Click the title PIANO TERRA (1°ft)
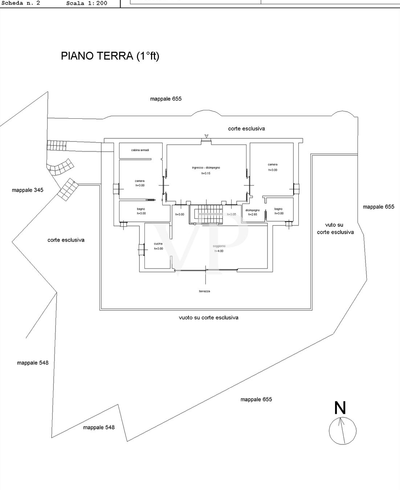(x=110, y=56)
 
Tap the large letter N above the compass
(x=340, y=408)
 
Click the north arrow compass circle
(x=342, y=431)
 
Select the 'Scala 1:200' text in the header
(x=87, y=3)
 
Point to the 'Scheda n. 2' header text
(x=21, y=3)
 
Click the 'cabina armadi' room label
(x=140, y=150)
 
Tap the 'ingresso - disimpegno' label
(x=206, y=168)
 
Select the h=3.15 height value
(x=206, y=173)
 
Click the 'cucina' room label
(x=158, y=244)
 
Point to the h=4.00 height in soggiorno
(x=219, y=251)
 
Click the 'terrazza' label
(x=204, y=291)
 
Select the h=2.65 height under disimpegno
(x=253, y=215)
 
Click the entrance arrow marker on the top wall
(x=206, y=136)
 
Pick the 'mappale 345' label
(x=28, y=190)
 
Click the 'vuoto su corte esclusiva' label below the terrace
(x=208, y=318)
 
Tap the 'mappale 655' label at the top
(x=166, y=99)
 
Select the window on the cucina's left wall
(x=141, y=249)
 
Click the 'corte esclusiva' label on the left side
(x=66, y=240)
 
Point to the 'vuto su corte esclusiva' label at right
(x=335, y=229)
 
